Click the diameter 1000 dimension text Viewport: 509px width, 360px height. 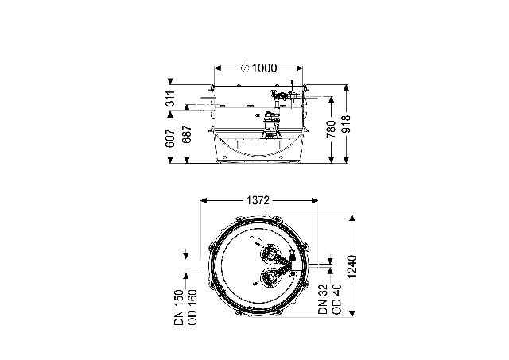(259, 68)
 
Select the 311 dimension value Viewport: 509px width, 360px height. (171, 98)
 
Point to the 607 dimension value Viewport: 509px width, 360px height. (171, 138)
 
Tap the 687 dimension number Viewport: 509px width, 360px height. (187, 134)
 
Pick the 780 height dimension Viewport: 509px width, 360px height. (331, 129)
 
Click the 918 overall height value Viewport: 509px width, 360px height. (347, 124)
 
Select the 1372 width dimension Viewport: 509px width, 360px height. (258, 201)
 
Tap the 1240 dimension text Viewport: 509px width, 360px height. (352, 266)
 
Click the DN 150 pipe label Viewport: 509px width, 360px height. (179, 308)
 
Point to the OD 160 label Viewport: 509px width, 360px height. (192, 308)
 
